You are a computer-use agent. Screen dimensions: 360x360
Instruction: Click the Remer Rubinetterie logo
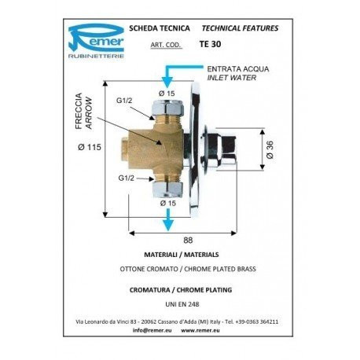(96, 41)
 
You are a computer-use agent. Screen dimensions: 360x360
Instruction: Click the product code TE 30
(210, 44)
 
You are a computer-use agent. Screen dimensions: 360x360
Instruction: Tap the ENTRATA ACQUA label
(238, 69)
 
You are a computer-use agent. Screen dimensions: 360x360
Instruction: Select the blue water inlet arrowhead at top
(167, 83)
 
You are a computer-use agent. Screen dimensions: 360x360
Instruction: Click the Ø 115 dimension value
(90, 147)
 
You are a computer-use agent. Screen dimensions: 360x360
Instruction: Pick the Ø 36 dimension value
(270, 149)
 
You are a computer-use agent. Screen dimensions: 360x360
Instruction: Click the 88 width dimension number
(188, 240)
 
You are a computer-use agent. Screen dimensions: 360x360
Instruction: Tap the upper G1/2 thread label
(124, 101)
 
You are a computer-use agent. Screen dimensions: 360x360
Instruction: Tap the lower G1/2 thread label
(126, 178)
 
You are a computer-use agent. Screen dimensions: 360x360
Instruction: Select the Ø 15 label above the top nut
(167, 94)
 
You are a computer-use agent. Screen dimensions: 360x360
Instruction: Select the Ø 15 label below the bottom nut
(168, 203)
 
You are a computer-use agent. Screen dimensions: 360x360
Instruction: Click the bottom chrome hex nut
(167, 189)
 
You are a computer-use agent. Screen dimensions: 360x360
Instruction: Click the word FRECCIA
(79, 111)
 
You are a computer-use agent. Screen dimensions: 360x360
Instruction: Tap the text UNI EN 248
(182, 304)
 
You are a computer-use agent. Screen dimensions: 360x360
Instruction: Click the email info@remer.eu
(152, 330)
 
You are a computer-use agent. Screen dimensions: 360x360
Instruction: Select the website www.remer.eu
(200, 330)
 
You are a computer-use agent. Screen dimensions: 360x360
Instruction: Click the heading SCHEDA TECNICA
(160, 28)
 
